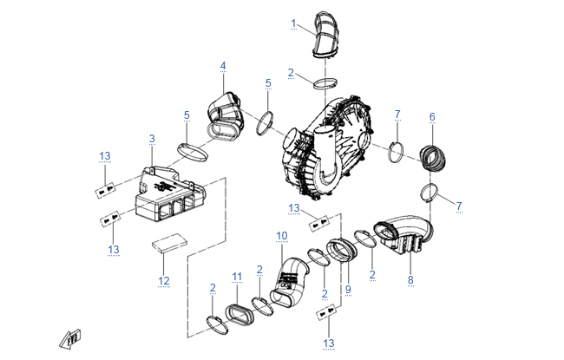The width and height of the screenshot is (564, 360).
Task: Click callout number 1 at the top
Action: pos(294,23)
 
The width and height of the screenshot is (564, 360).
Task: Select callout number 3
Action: pos(152,139)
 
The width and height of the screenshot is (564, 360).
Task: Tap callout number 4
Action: pos(223,66)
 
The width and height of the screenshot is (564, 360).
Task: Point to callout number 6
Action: pos(432,117)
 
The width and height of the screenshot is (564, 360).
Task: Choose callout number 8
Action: pos(410,280)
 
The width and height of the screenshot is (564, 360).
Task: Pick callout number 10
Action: pos(281,236)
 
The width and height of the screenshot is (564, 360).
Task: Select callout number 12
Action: pos(164,280)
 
